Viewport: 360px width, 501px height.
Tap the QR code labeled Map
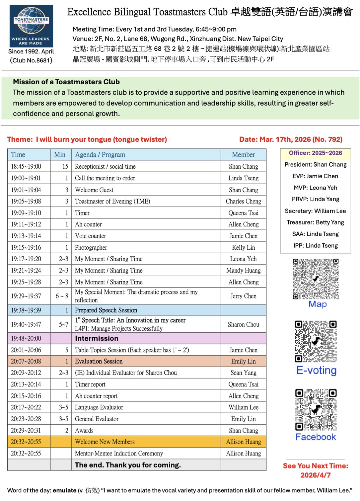pos(316,279)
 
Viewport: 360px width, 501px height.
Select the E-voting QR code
pos(316,341)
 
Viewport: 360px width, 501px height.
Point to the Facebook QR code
pos(316,410)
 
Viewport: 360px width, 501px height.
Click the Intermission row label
pos(97,339)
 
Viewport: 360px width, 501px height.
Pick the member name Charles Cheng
pos(243,202)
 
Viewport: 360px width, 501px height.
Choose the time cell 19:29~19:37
pos(26,296)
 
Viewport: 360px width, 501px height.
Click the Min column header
pos(60,155)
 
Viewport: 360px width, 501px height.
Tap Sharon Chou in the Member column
pos(243,325)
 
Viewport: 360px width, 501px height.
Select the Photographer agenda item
pos(91,248)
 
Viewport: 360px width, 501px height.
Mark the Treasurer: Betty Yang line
pos(315,222)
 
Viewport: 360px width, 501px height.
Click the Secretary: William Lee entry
pos(315,211)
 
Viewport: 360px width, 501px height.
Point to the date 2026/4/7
pos(315,475)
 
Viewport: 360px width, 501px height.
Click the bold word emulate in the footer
pos(64,490)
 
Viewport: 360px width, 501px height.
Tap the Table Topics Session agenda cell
pos(132,350)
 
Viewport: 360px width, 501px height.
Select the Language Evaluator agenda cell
pos(99,407)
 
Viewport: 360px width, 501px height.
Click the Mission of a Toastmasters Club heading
pos(66,82)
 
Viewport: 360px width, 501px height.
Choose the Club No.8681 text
pos(31,60)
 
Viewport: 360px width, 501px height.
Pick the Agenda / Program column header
pos(100,155)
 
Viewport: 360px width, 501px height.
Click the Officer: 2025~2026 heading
pos(315,153)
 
